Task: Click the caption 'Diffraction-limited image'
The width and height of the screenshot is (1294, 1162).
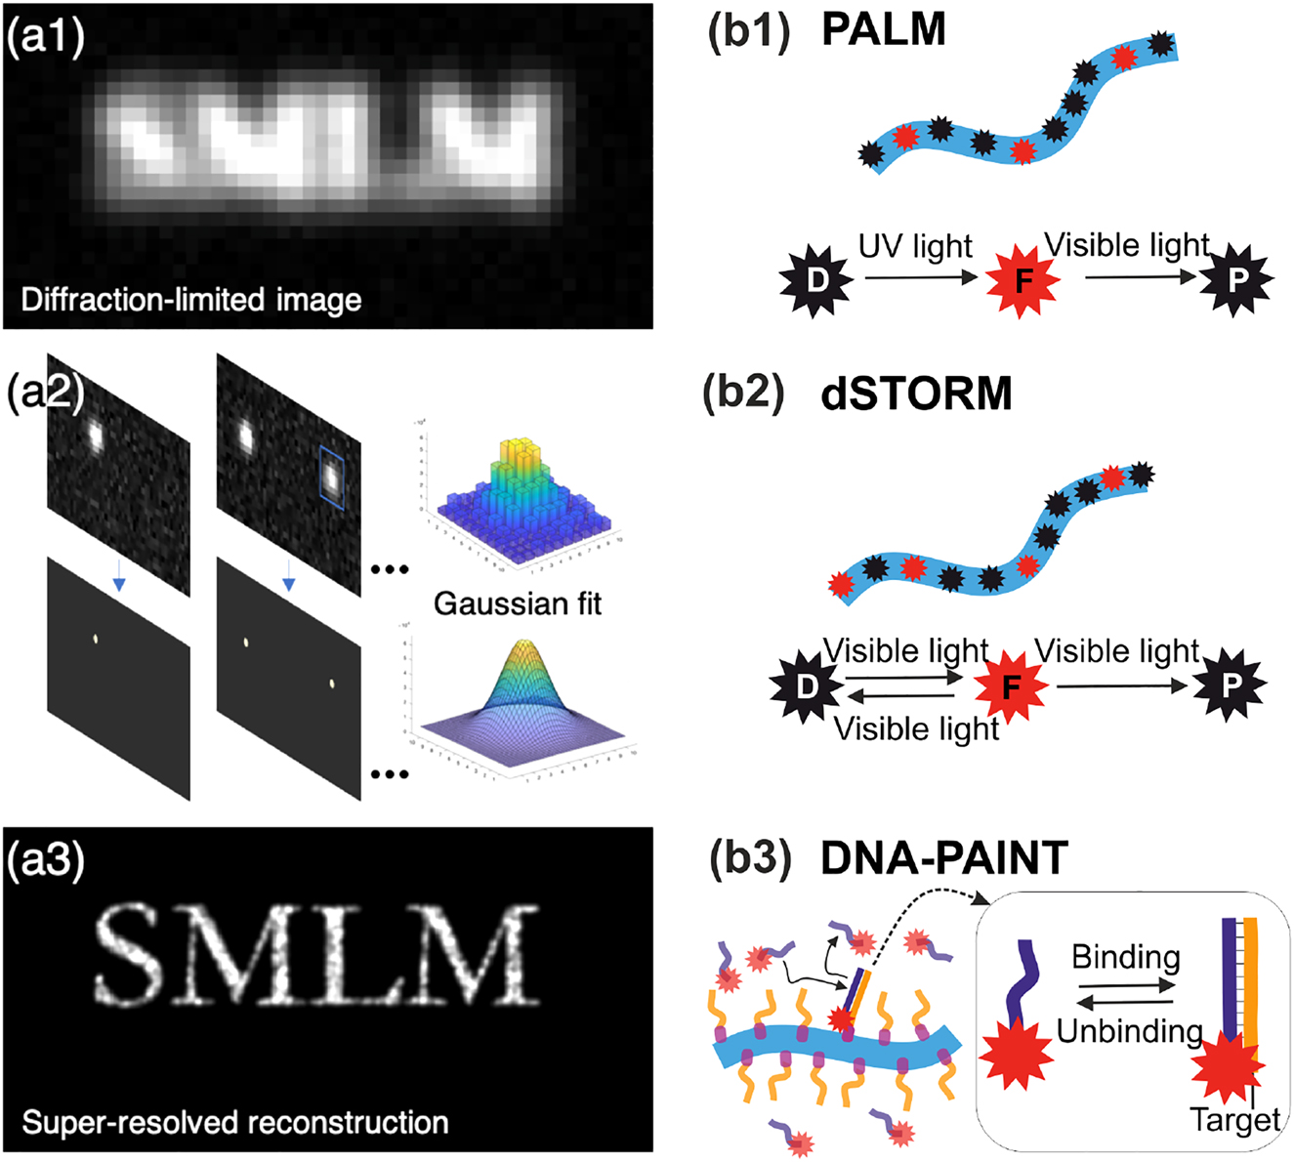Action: click(x=191, y=299)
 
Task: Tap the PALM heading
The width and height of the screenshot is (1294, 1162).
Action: click(x=883, y=30)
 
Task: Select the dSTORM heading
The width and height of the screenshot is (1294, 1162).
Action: click(x=916, y=394)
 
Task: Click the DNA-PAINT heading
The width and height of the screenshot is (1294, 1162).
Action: click(x=944, y=858)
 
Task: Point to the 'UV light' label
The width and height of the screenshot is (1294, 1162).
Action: click(x=915, y=246)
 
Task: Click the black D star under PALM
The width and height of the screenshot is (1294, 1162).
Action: click(x=816, y=281)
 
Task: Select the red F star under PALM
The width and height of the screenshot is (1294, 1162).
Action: click(x=1023, y=281)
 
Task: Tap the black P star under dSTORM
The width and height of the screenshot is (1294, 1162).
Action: click(x=1230, y=685)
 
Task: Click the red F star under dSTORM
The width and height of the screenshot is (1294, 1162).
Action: click(x=1011, y=686)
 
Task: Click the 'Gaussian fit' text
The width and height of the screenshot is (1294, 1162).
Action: click(x=518, y=603)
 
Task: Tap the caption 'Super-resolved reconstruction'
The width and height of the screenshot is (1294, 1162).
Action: click(x=234, y=1122)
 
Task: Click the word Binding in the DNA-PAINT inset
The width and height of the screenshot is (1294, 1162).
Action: click(x=1125, y=956)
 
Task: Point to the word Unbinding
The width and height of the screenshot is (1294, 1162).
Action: click(x=1129, y=1030)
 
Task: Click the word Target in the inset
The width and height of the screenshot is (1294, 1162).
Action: click(x=1234, y=1119)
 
